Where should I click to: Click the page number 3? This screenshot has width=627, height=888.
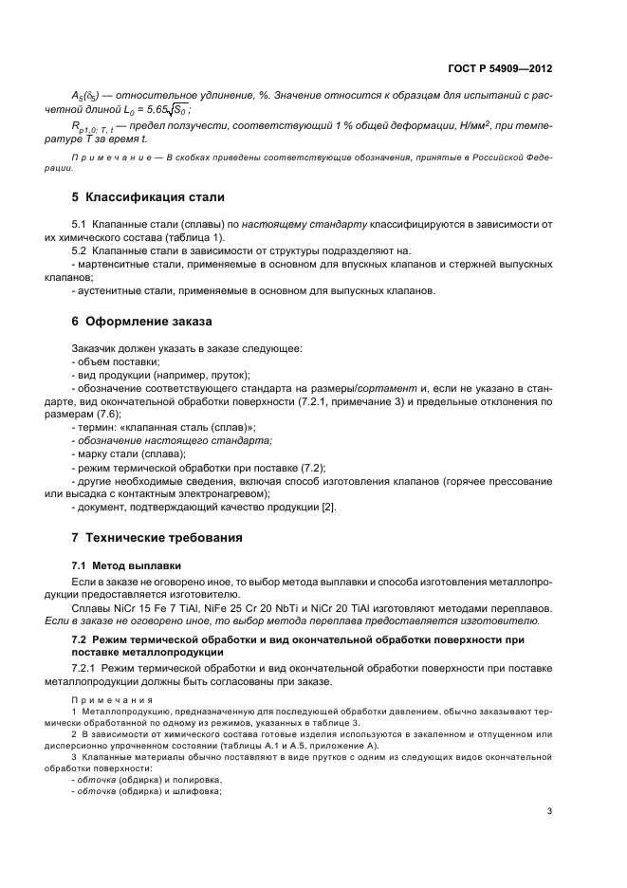[x=549, y=811]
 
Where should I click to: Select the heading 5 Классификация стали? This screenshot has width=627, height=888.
[x=148, y=197]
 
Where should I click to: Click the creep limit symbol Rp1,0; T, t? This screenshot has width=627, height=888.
[x=91, y=125]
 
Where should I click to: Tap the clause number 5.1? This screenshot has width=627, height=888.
[x=80, y=224]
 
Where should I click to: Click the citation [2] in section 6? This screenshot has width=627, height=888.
[x=328, y=507]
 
